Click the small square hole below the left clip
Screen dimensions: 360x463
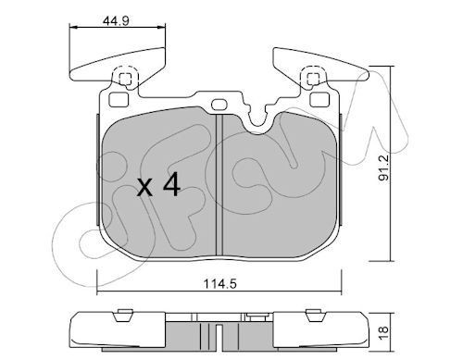[x=119, y=97]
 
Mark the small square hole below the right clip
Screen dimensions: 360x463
[x=319, y=97]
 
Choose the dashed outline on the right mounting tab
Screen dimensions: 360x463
[x=314, y=78]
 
